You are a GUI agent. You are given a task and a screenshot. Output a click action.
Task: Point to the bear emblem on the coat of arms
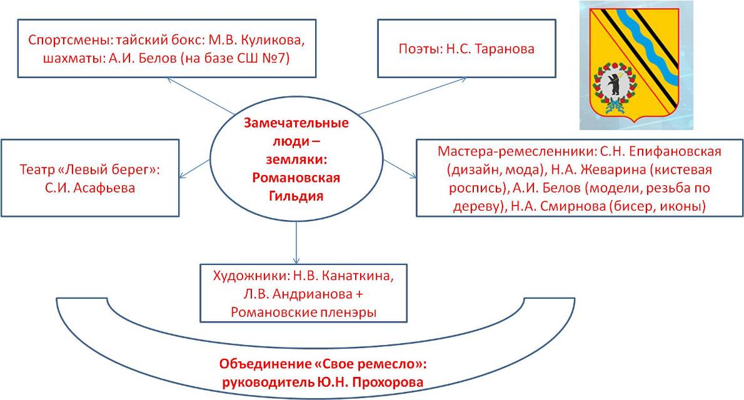pyautogui.click(x=615, y=86)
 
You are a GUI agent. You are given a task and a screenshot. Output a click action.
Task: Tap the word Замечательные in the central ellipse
pyautogui.click(x=296, y=123)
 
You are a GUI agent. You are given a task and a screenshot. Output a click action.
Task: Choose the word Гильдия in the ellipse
pyautogui.click(x=296, y=196)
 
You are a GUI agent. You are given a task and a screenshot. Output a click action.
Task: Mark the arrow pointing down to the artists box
pyautogui.click(x=296, y=242)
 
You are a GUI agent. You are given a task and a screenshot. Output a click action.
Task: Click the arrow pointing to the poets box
pyautogui.click(x=413, y=96)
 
